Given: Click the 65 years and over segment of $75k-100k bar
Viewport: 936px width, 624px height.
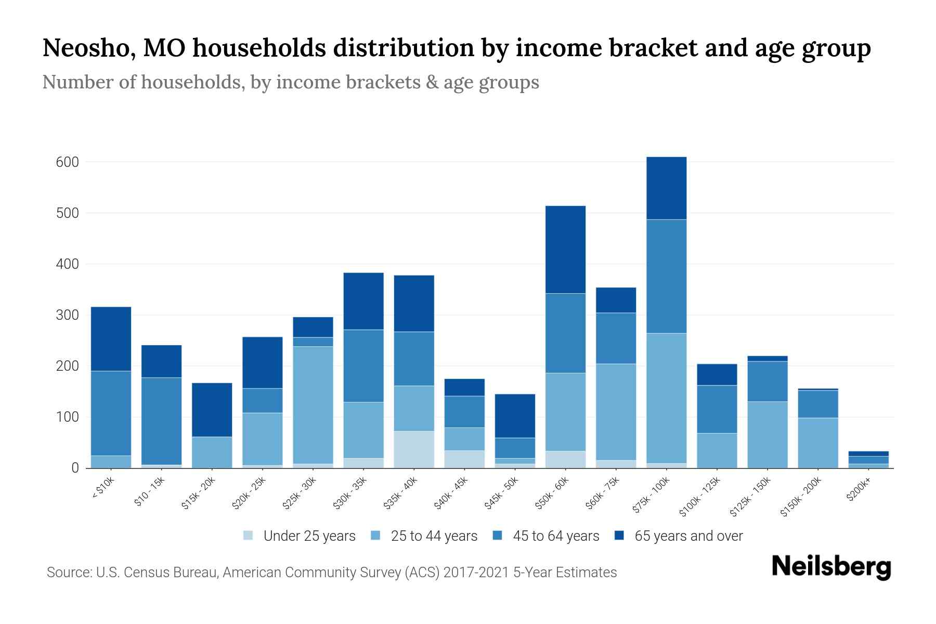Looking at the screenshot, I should click(x=666, y=188).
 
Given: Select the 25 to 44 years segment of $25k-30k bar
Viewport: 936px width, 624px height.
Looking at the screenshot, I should click(x=313, y=405).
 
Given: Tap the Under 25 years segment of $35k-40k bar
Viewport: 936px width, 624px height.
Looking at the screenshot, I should click(x=414, y=449).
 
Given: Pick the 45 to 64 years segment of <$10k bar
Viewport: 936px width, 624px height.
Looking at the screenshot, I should click(x=111, y=413).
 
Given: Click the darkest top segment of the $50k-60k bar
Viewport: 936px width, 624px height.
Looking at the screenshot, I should click(x=565, y=250).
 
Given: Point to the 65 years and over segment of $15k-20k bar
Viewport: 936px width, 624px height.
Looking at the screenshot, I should click(x=212, y=410).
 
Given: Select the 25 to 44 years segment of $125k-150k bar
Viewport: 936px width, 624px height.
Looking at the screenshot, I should click(x=767, y=435).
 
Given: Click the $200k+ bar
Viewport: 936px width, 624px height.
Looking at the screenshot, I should click(x=868, y=460).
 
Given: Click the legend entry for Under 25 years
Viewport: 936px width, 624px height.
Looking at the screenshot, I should click(x=300, y=536).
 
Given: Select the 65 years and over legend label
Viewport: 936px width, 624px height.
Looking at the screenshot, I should click(x=688, y=536).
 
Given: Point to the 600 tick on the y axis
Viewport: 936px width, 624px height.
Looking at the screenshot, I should click(x=68, y=162).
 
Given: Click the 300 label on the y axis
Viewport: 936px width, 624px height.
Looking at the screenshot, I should click(x=68, y=315).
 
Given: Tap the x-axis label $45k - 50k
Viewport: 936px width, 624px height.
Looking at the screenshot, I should click(x=502, y=493).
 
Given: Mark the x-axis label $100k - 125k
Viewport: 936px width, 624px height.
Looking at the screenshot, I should click(x=700, y=497).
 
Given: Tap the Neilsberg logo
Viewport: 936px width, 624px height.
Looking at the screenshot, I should click(x=831, y=566).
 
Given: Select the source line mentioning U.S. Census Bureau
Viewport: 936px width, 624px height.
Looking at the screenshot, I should click(x=331, y=573).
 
